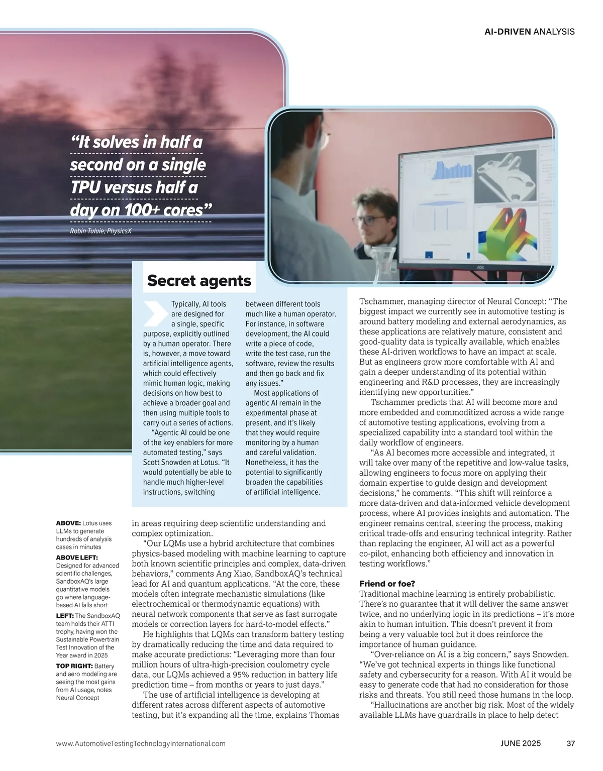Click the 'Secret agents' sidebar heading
199,281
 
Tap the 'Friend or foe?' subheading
387,584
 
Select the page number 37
570,743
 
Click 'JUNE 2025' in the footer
521,743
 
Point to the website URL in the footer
141,743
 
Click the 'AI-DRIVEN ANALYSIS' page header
530,32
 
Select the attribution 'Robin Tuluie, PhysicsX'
101,231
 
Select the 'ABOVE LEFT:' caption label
77,558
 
